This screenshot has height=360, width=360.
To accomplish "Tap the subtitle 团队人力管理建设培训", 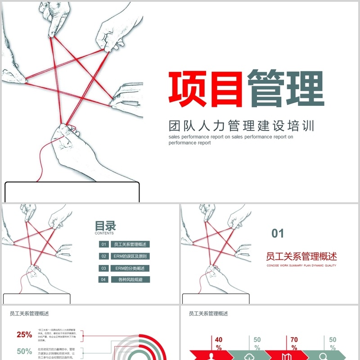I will point(241,125).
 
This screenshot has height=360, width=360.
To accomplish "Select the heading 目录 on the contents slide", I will point(105,225).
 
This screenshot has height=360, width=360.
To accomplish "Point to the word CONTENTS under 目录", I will point(104,234).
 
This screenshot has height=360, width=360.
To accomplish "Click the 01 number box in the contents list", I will point(103,244).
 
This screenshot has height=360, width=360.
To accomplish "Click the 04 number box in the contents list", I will point(103,279).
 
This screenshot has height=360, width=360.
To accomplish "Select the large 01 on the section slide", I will point(278,233).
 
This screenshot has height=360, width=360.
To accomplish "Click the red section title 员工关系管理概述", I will point(301,256).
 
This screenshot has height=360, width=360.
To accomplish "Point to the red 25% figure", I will point(24,334).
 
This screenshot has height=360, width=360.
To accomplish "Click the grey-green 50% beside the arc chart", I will point(24,351).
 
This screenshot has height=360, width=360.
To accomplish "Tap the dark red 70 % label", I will point(294,343).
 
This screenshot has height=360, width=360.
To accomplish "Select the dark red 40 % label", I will point(219,343).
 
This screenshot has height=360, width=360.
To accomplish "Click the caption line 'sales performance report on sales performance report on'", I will point(231,137).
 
